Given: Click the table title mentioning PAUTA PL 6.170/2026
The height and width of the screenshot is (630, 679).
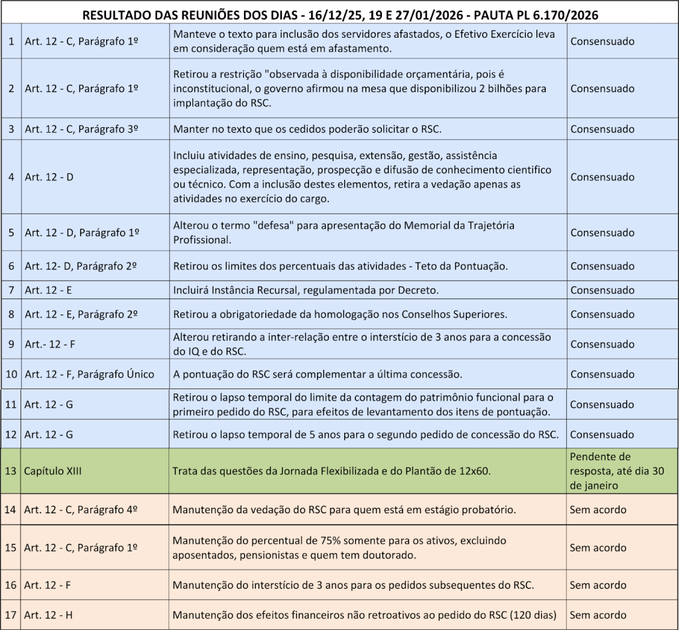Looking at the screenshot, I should click(339, 14).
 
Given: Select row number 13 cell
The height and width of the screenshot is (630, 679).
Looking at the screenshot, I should click(11, 472).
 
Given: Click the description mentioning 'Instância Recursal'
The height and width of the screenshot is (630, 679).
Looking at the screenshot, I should click(306, 290).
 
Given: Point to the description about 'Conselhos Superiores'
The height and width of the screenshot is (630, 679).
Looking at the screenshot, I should click(339, 314).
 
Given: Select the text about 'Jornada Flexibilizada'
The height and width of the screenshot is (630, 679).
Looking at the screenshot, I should click(331, 472).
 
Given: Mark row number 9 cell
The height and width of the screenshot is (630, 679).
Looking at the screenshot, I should click(11, 344).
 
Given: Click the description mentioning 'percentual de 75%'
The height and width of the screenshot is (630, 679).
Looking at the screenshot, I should click(339, 548).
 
